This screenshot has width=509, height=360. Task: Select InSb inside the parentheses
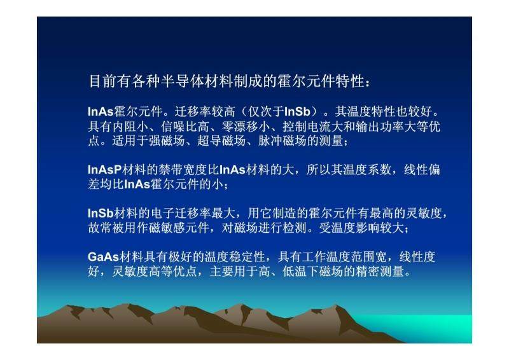tap(297, 112)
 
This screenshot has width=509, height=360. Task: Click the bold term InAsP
tap(104, 169)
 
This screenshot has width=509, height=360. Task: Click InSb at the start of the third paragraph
tap(101, 213)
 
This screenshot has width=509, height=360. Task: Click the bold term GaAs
tap(103, 257)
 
